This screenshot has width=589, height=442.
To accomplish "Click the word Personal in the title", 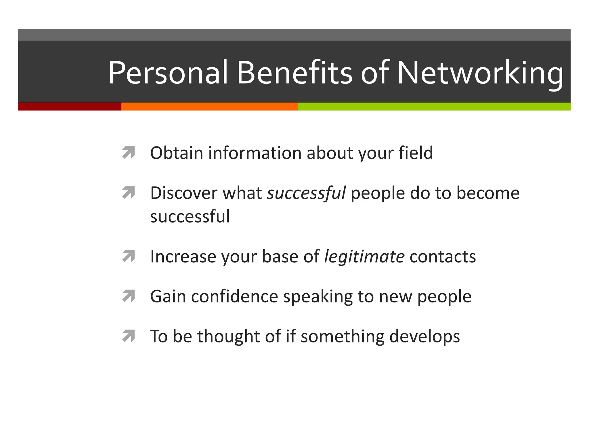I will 168,73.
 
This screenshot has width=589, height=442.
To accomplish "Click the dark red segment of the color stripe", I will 70,106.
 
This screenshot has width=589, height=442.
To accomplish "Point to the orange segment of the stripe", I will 209,106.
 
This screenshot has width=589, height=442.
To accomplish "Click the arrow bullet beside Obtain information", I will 129,153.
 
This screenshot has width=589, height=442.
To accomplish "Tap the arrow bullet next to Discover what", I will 129,193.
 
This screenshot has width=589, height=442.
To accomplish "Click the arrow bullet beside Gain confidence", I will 129,296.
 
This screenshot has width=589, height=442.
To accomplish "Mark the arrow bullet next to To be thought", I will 129,336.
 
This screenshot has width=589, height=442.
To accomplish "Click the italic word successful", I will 306,193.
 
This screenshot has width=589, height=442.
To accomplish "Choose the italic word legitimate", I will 364,256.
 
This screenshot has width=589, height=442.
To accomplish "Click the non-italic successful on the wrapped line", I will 190,216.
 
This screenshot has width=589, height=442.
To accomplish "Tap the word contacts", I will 443,256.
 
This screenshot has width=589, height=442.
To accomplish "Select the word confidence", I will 234,296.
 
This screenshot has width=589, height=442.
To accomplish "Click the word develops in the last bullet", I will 424,336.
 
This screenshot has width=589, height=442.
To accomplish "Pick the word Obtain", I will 177,153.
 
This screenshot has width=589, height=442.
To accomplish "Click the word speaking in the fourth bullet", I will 318,296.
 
